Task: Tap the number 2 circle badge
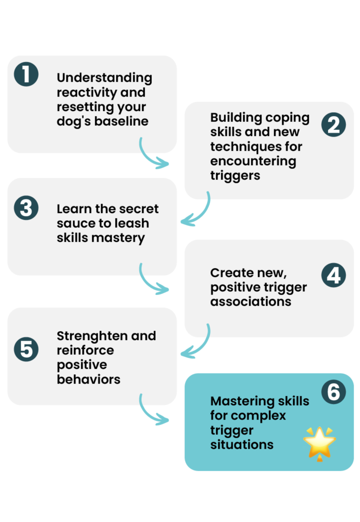[x=333, y=125]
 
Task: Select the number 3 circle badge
[x=26, y=208]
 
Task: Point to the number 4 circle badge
[x=333, y=275]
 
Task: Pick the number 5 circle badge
[x=26, y=350]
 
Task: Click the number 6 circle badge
[x=333, y=392]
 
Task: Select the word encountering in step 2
[x=253, y=161]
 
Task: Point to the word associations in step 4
[x=250, y=301]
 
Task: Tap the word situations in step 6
[x=242, y=445]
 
